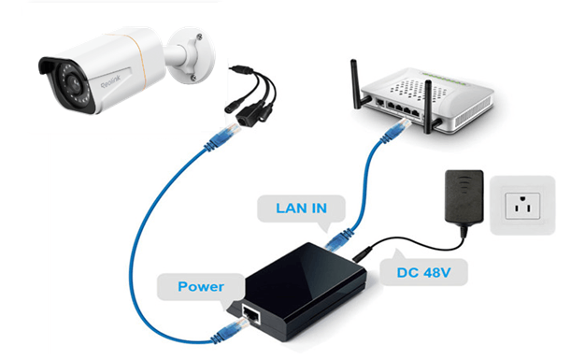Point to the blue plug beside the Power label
(228, 327)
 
